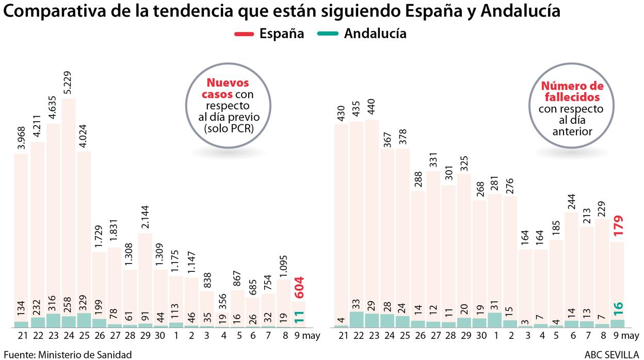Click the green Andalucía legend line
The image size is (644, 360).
[325, 34]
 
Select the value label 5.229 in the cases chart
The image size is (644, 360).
[69, 83]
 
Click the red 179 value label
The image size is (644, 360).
[619, 226]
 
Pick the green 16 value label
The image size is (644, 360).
[619, 308]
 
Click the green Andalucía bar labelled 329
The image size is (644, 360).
[84, 320]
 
